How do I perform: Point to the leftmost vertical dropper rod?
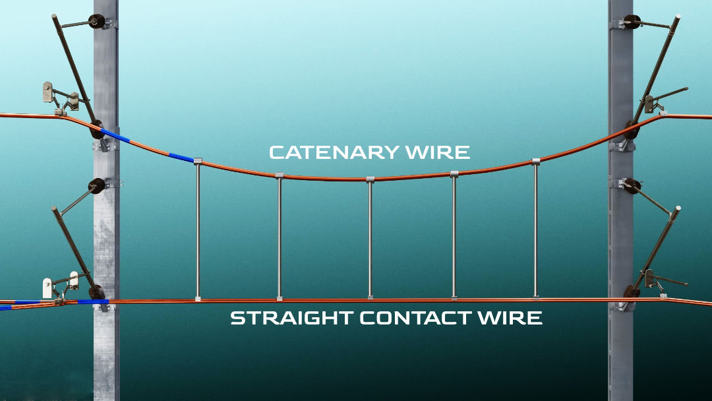tap(198, 231)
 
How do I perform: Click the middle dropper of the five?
tap(370, 237)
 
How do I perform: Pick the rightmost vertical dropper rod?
tap(535, 231)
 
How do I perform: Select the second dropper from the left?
tap(280, 237)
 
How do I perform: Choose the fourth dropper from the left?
tap(454, 237)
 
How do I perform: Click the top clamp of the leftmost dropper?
tap(198, 160)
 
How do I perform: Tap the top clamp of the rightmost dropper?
tap(535, 161)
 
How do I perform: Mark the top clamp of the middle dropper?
tap(370, 179)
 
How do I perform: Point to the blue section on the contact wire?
tap(92, 302)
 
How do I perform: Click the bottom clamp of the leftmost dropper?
tap(198, 299)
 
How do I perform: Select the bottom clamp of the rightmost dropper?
tap(535, 299)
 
